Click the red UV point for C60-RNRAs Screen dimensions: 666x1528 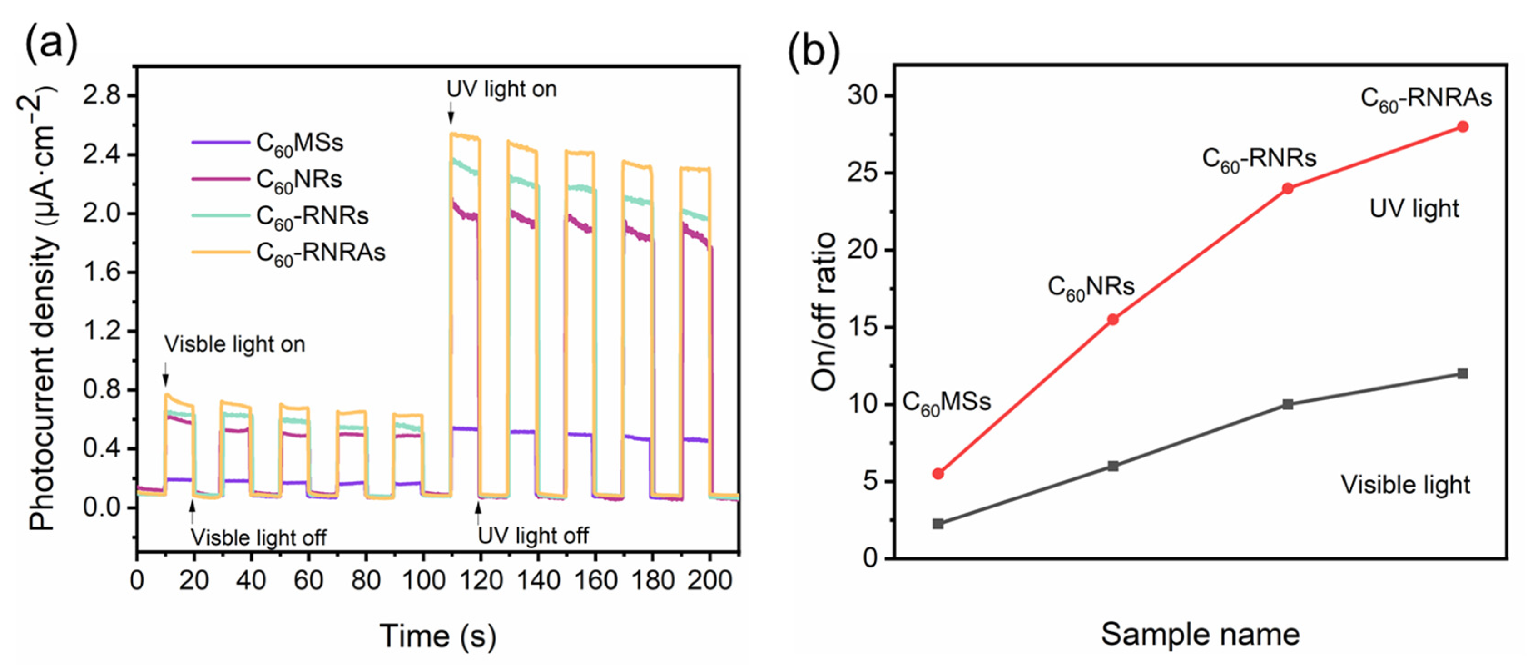pos(1462,127)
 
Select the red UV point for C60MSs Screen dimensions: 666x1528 pos(938,473)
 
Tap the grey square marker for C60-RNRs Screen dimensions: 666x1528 pos(1288,404)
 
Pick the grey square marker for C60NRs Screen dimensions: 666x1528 pos(1113,466)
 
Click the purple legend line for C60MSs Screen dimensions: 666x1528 pos(220,142)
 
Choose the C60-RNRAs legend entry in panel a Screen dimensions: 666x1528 pos(320,253)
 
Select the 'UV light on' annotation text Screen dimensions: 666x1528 pos(501,89)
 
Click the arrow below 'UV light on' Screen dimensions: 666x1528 pos(451,113)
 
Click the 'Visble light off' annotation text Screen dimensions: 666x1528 pos(258,537)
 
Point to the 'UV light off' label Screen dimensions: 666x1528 pos(533,536)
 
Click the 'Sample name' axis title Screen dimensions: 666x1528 pos(1200,634)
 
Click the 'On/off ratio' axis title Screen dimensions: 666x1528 pos(824,311)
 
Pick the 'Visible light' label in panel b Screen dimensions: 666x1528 pos(1405,485)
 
